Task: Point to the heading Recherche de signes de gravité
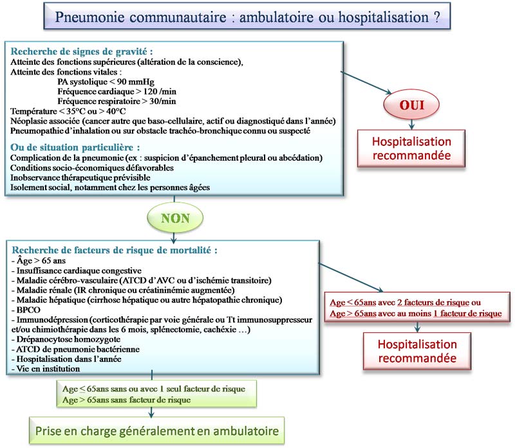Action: coord(82,51)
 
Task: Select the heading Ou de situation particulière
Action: coord(76,148)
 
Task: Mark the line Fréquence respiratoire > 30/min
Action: coord(117,101)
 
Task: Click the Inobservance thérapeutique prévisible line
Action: coord(80,177)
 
